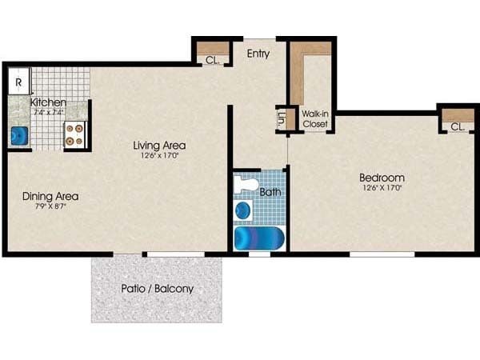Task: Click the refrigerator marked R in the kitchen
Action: click(x=18, y=82)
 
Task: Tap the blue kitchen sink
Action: click(x=19, y=135)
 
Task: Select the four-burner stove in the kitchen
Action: click(x=74, y=134)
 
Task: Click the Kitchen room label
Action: click(x=48, y=102)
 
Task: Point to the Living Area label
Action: click(x=160, y=146)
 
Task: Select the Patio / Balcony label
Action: click(x=157, y=288)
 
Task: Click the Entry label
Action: click(x=258, y=54)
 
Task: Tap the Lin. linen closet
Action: click(x=282, y=120)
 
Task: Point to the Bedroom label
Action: click(x=382, y=178)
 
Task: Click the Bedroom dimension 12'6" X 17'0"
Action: click(x=382, y=189)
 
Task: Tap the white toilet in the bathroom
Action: click(x=246, y=186)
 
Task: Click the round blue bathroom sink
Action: click(x=243, y=211)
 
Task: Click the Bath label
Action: click(x=270, y=192)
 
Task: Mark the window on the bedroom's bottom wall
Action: click(x=382, y=254)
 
